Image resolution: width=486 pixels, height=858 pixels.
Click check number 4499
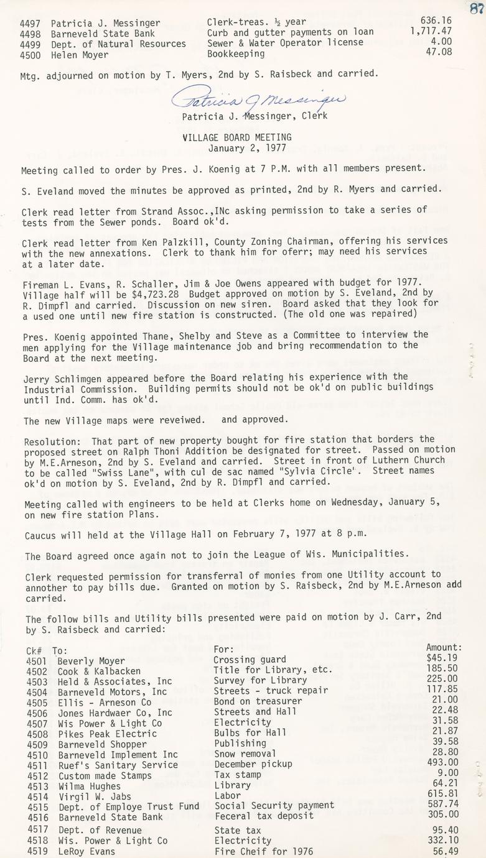pyautogui.click(x=30, y=44)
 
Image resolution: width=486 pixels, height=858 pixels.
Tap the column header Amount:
pyautogui.click(x=444, y=648)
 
